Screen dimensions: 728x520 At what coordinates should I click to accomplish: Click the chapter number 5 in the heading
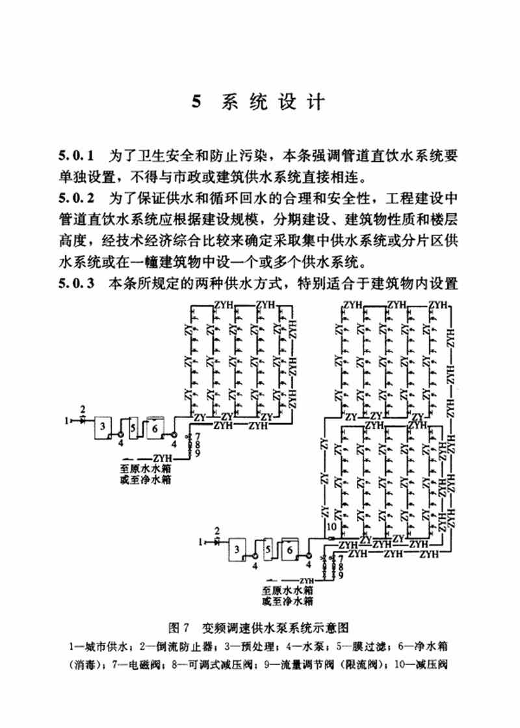tap(198, 103)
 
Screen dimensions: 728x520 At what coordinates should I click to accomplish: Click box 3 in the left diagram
tap(102, 427)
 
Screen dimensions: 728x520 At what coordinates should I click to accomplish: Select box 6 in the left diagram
tap(155, 428)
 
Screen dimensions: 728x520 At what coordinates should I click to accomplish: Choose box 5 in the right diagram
tap(269, 551)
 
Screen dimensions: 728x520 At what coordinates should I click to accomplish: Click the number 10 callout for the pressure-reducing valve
tap(331, 526)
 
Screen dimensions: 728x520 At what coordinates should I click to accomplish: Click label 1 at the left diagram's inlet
tap(67, 420)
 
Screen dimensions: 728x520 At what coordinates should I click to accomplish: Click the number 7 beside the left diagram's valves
tap(196, 434)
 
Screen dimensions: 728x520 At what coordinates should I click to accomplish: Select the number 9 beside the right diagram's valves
tap(341, 575)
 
